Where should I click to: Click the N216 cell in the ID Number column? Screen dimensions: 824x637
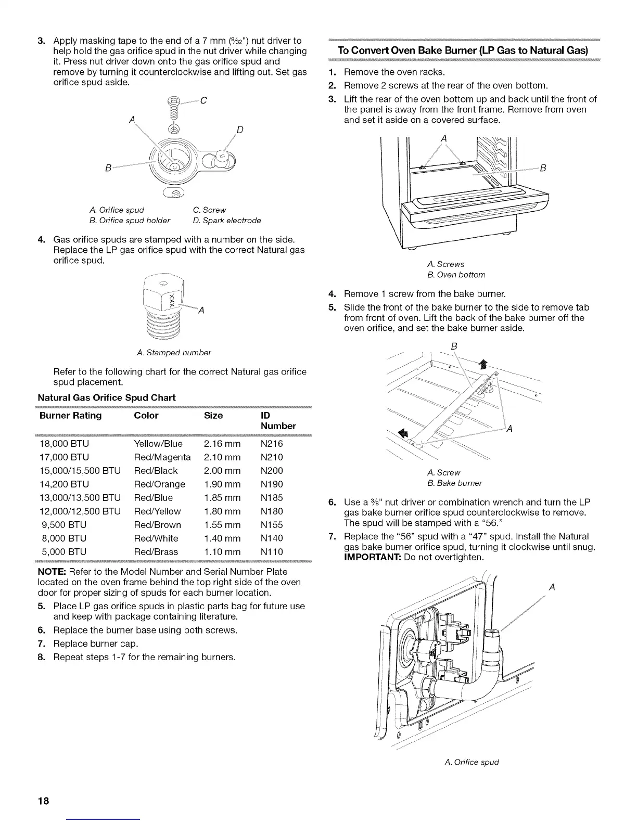click(272, 444)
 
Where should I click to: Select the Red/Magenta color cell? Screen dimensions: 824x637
click(162, 457)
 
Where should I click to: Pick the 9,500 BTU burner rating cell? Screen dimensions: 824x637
click(63, 525)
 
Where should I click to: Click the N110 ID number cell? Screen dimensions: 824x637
click(272, 552)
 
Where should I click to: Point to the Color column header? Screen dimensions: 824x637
click(146, 416)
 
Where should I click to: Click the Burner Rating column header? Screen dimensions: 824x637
click(71, 416)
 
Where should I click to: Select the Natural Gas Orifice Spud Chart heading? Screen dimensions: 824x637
click(107, 398)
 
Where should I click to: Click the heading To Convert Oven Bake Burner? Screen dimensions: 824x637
click(463, 50)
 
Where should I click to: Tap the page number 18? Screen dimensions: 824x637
click(44, 801)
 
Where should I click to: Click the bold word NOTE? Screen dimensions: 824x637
click(50, 572)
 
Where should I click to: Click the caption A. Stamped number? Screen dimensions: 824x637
click(174, 353)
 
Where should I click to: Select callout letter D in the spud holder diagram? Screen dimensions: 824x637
click(240, 129)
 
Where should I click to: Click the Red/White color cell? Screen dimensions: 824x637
click(156, 538)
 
